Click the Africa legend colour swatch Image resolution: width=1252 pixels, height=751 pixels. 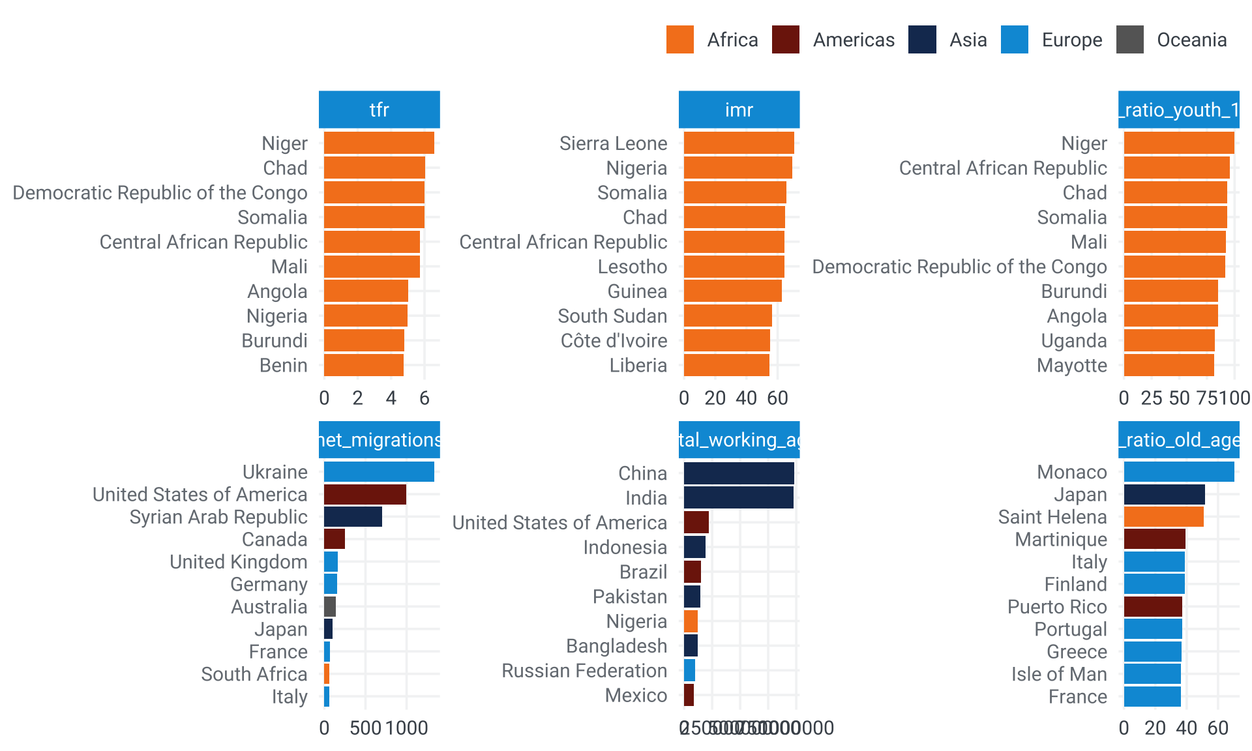680,40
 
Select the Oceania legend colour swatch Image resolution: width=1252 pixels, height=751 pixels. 1130,40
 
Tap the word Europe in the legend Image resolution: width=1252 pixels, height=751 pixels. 1071,40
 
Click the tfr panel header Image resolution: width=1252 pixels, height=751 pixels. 379,110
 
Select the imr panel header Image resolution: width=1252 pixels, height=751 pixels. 739,110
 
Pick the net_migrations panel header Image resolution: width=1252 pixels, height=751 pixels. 379,440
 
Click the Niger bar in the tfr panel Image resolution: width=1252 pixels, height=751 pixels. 379,143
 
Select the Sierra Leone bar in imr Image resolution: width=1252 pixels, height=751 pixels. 739,143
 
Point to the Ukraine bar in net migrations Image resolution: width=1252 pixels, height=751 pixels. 379,471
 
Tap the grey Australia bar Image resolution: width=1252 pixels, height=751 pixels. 330,606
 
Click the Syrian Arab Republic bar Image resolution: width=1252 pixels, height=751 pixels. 353,516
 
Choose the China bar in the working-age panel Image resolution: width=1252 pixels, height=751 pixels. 739,473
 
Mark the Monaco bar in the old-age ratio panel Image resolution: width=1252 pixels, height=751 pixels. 1179,471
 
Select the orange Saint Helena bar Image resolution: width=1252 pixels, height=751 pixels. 1163,516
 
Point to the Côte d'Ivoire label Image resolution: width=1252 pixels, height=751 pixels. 614,340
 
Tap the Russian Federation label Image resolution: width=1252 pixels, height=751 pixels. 584,670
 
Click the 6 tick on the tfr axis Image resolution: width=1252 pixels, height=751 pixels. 425,398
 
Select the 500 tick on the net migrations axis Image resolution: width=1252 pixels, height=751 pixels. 365,728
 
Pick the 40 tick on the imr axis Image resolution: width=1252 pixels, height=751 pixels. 746,398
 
